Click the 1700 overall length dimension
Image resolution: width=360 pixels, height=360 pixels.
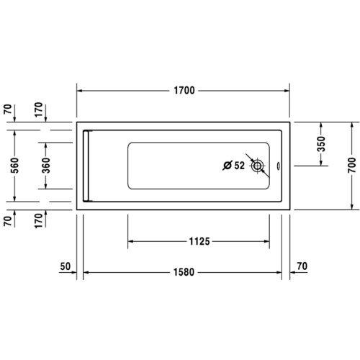pos(184,91)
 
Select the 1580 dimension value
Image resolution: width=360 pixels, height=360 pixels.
pos(184,273)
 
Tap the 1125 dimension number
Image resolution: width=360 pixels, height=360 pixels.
pos(195,242)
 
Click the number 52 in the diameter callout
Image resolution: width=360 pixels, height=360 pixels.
pos(238,166)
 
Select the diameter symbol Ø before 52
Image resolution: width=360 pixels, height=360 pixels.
pos(225,166)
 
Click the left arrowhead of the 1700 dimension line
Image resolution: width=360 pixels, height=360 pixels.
pos(81,91)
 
